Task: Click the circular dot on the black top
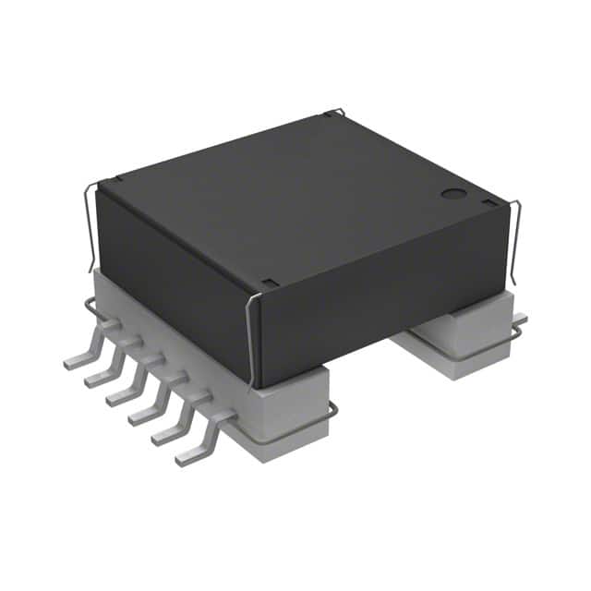coord(452,194)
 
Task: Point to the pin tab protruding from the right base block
coord(519,320)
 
